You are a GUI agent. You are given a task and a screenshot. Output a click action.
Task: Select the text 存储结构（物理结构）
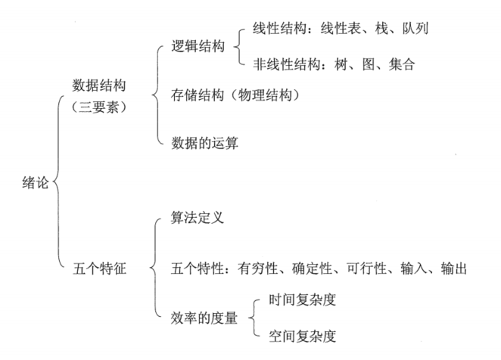tap(236, 95)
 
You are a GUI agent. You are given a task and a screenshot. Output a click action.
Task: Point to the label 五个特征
tap(98, 268)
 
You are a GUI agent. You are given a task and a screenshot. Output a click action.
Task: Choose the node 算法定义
tap(198, 219)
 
